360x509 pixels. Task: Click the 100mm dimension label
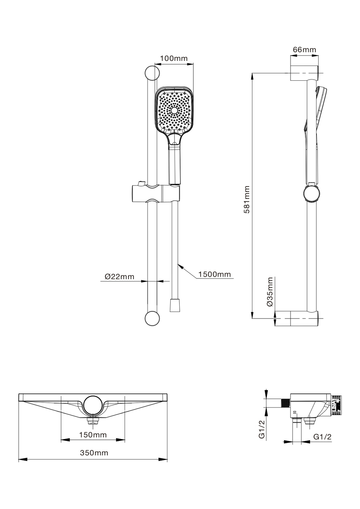click(x=174, y=58)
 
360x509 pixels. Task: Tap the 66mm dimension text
click(x=304, y=50)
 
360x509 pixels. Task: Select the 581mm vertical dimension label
click(x=247, y=200)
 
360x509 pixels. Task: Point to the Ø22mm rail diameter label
click(x=120, y=277)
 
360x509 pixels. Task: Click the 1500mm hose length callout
click(x=214, y=274)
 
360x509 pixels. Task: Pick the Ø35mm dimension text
click(x=270, y=292)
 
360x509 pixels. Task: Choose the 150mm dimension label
click(x=93, y=435)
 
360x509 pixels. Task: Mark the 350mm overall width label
click(x=94, y=453)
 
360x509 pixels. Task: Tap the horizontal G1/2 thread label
click(x=322, y=437)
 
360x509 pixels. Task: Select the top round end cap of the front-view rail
click(x=152, y=73)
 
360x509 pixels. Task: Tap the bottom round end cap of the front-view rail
click(x=152, y=318)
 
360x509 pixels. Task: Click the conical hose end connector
click(x=175, y=305)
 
